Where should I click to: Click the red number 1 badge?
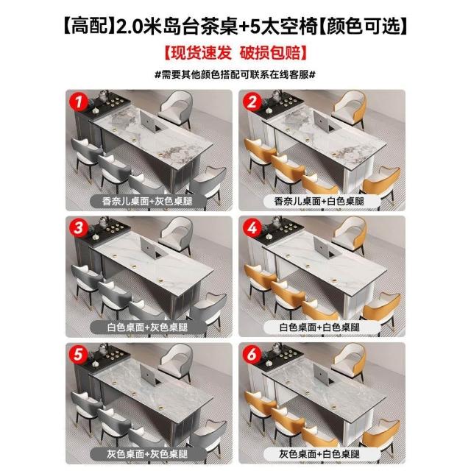79,102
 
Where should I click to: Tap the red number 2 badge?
252,102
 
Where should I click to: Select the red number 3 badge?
79,227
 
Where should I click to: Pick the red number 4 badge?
252,227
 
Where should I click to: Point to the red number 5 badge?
78,354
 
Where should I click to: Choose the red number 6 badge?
252,354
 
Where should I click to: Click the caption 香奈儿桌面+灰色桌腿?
147,201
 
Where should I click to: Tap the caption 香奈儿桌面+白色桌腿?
319,201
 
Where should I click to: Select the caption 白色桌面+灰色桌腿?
147,327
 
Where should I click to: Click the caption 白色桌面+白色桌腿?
319,327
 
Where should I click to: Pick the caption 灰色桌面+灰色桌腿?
147,454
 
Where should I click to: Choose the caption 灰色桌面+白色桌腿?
319,454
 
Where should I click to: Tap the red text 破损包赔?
270,53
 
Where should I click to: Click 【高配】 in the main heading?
85,26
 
